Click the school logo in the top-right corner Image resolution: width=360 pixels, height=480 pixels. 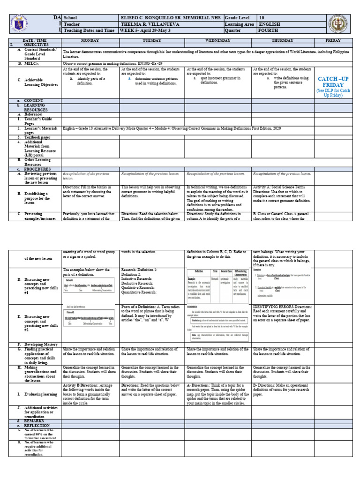tap(336, 24)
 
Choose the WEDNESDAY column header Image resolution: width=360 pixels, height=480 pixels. tap(218, 41)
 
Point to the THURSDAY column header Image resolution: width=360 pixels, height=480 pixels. tap(283, 41)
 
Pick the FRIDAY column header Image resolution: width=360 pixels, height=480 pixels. tap(333, 41)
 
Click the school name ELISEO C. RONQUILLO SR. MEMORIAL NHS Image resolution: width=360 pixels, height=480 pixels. tap(172, 17)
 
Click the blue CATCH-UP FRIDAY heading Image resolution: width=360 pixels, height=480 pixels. tap(333, 82)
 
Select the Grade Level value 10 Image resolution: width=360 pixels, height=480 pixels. tap(262, 17)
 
